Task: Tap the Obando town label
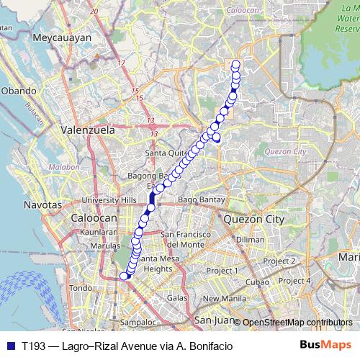click(17, 91)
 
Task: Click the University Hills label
click(109, 200)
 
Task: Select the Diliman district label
click(250, 240)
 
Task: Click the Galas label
click(176, 297)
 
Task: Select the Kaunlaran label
click(99, 233)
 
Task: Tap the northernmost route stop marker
click(235, 65)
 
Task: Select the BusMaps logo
click(329, 345)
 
